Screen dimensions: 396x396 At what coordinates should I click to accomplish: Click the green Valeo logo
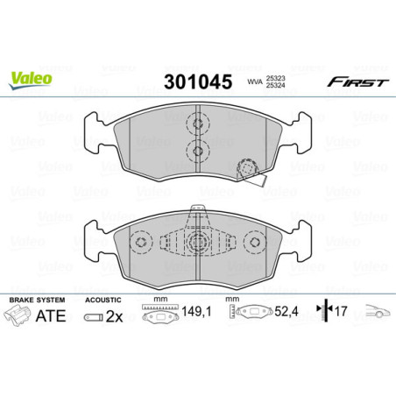pos(31,78)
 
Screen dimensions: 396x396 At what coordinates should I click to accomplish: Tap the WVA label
pos(255,84)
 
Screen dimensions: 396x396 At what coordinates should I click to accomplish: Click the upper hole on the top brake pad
pos(197,124)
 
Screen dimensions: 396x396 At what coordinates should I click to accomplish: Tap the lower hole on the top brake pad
pos(197,152)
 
